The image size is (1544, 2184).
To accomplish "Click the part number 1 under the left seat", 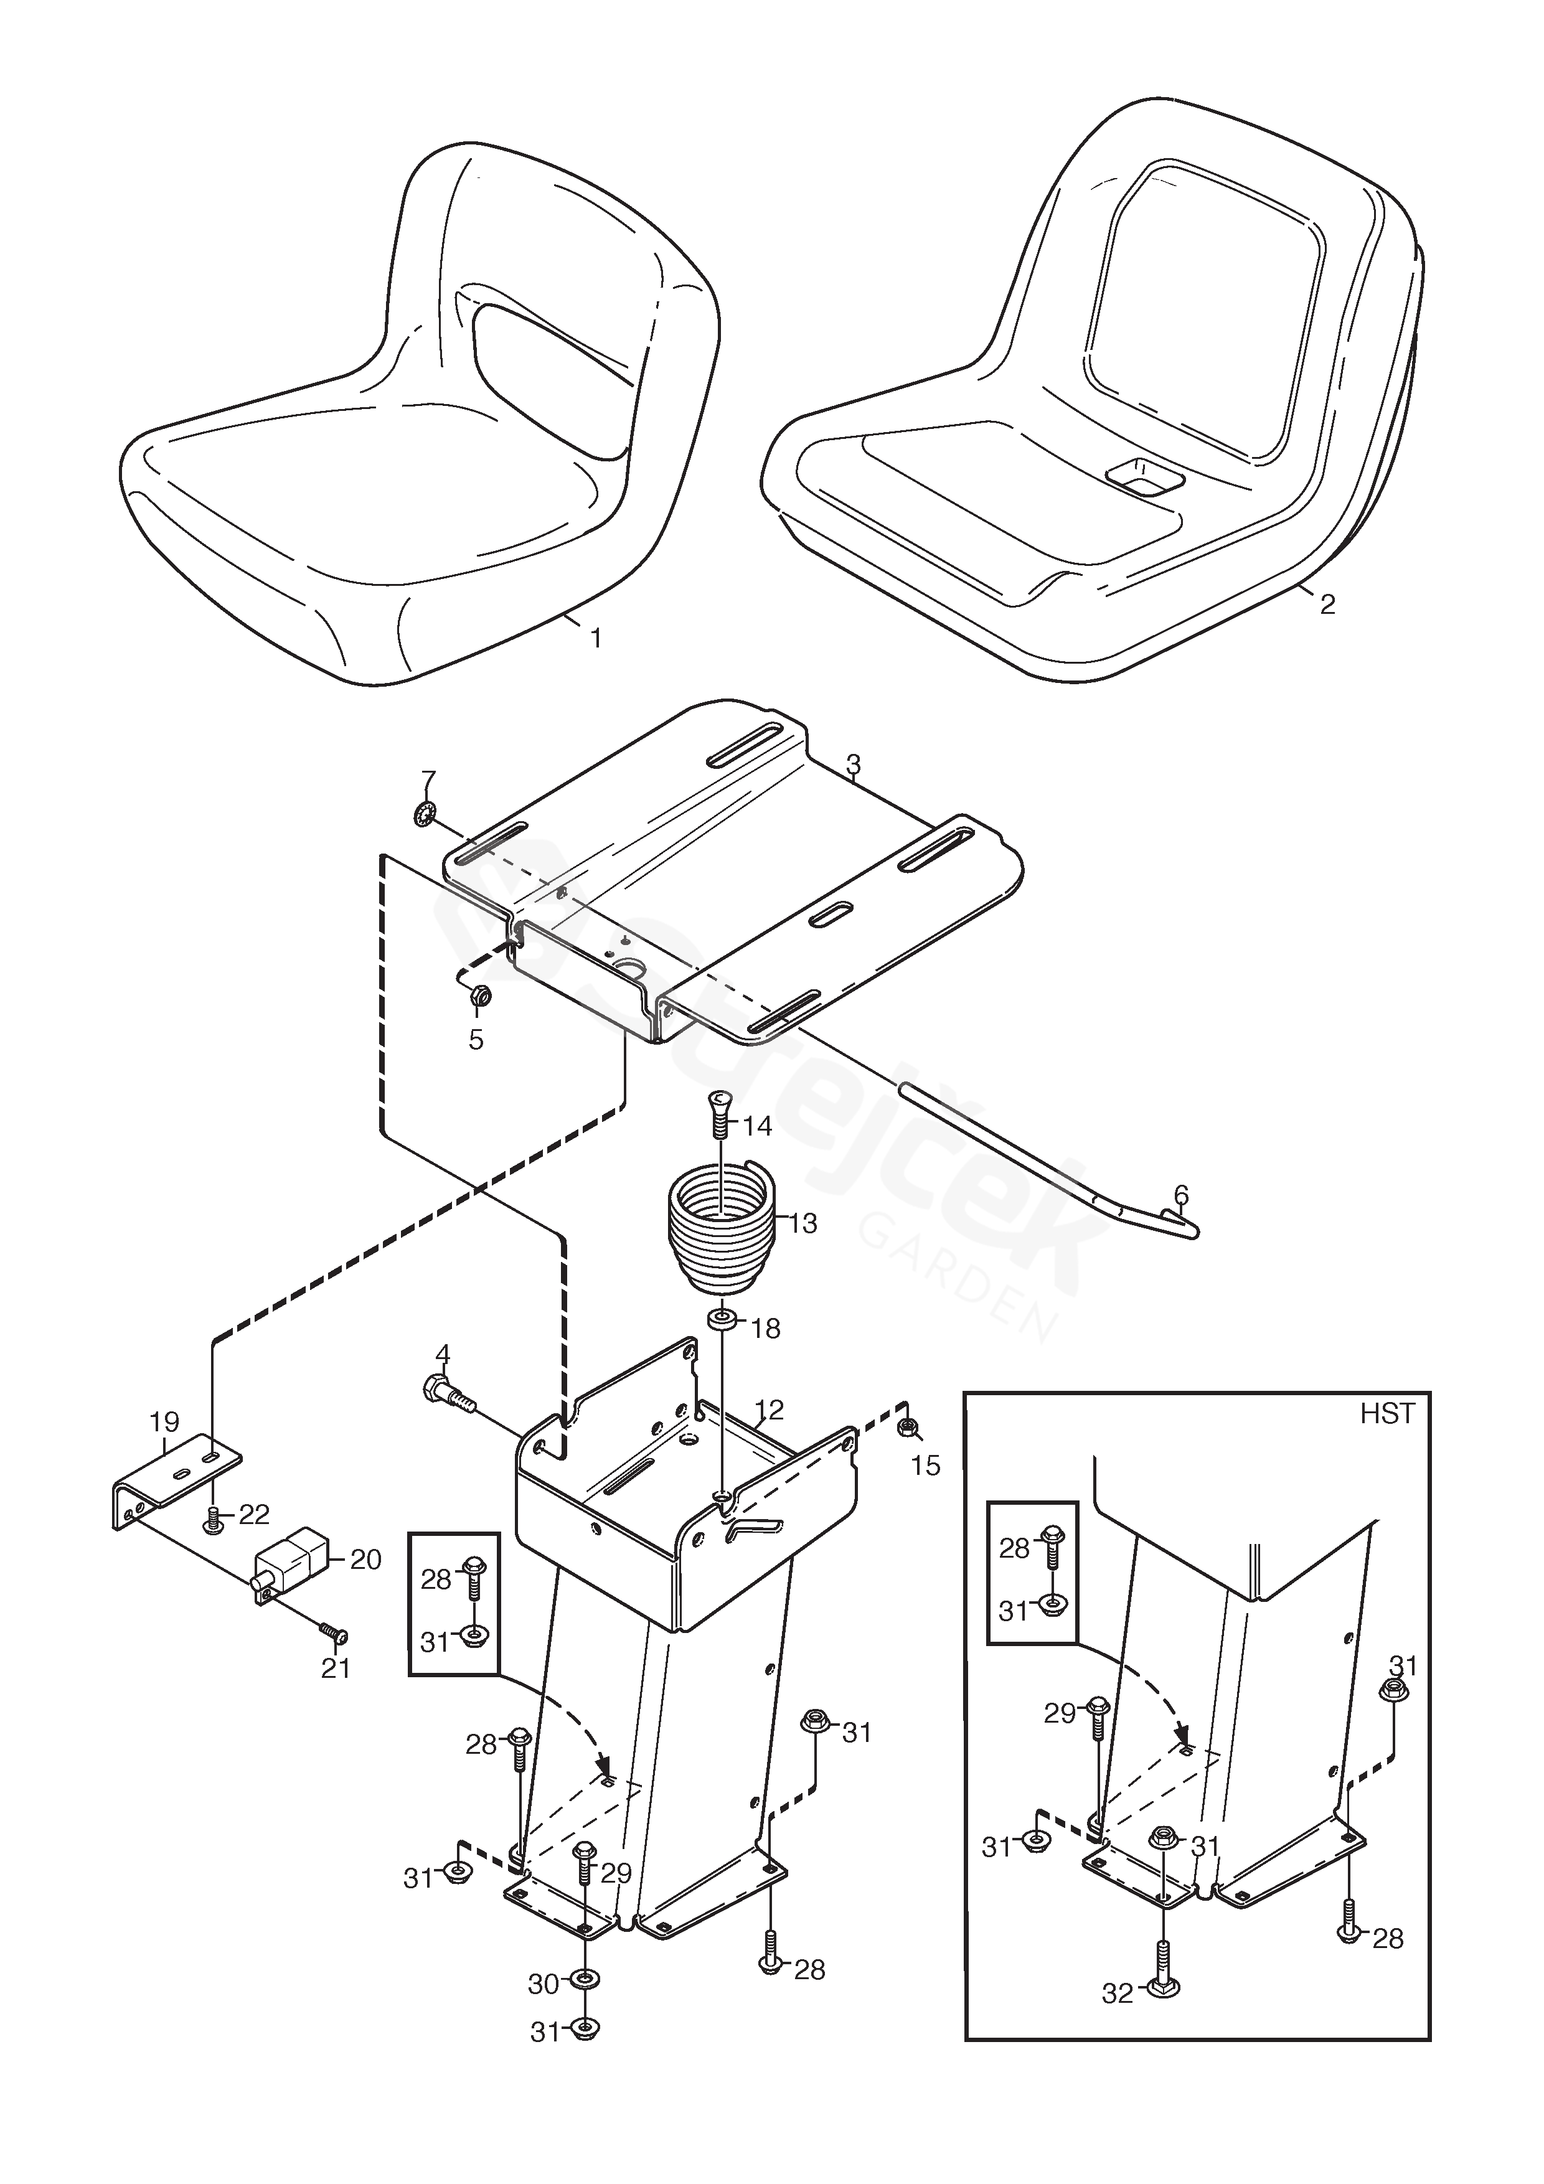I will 596,638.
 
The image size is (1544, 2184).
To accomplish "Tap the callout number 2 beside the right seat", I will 1327,603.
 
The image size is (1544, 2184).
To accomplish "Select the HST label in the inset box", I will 1387,1414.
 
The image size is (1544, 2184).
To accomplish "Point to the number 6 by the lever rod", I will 1180,1195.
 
